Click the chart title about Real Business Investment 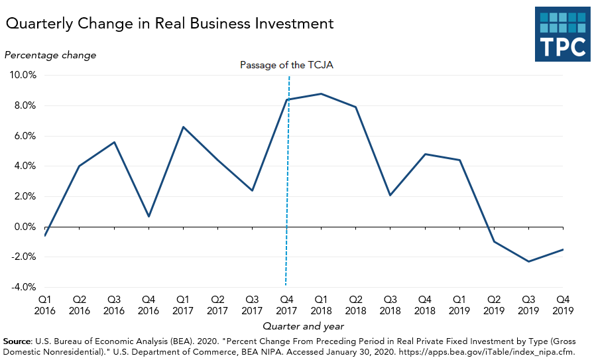[x=169, y=24]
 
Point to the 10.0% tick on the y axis [x=23, y=75]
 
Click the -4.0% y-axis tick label [x=23, y=287]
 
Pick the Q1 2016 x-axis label [x=45, y=304]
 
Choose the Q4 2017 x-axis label [x=286, y=304]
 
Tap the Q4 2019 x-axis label [x=563, y=304]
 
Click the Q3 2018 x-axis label [x=390, y=304]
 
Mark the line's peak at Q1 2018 [x=321, y=93]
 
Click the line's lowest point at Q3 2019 [x=528, y=261]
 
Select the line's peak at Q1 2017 [x=183, y=127]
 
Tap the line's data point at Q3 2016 [x=114, y=142]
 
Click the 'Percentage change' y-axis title [x=50, y=55]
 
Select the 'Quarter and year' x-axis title [x=304, y=326]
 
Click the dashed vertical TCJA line [x=287, y=199]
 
